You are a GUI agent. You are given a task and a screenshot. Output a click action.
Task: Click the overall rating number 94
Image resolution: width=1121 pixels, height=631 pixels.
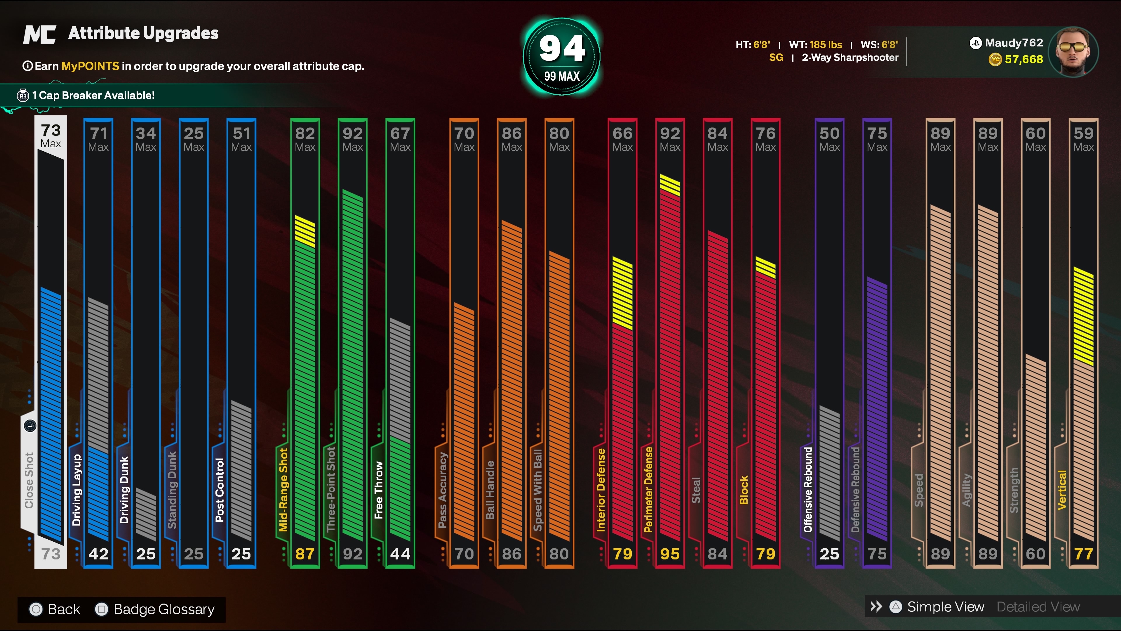click(562, 48)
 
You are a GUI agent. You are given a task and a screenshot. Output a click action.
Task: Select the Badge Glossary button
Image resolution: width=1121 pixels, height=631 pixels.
click(155, 609)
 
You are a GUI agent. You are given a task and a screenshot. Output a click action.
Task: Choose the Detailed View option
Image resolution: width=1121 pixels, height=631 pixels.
click(1038, 607)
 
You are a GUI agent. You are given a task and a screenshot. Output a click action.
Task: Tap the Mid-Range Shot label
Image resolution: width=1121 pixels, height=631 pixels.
click(283, 490)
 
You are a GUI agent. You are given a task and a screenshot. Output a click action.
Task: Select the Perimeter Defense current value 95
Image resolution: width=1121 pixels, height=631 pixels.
click(670, 554)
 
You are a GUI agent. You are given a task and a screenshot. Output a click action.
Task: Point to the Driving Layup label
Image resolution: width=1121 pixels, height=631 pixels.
click(76, 490)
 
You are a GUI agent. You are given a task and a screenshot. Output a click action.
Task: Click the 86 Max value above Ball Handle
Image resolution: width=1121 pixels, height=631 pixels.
click(511, 139)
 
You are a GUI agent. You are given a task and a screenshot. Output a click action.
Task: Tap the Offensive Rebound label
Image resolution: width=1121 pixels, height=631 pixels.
click(808, 490)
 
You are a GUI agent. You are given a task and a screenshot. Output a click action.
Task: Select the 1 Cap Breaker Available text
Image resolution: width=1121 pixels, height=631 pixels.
click(93, 95)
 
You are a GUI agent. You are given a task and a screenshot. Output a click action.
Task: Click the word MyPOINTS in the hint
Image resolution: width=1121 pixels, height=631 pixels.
click(90, 66)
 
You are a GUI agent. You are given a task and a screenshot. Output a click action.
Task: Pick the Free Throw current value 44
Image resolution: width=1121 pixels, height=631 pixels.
click(400, 554)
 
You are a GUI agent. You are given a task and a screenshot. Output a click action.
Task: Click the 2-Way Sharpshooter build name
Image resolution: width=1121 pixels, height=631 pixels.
click(850, 58)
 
